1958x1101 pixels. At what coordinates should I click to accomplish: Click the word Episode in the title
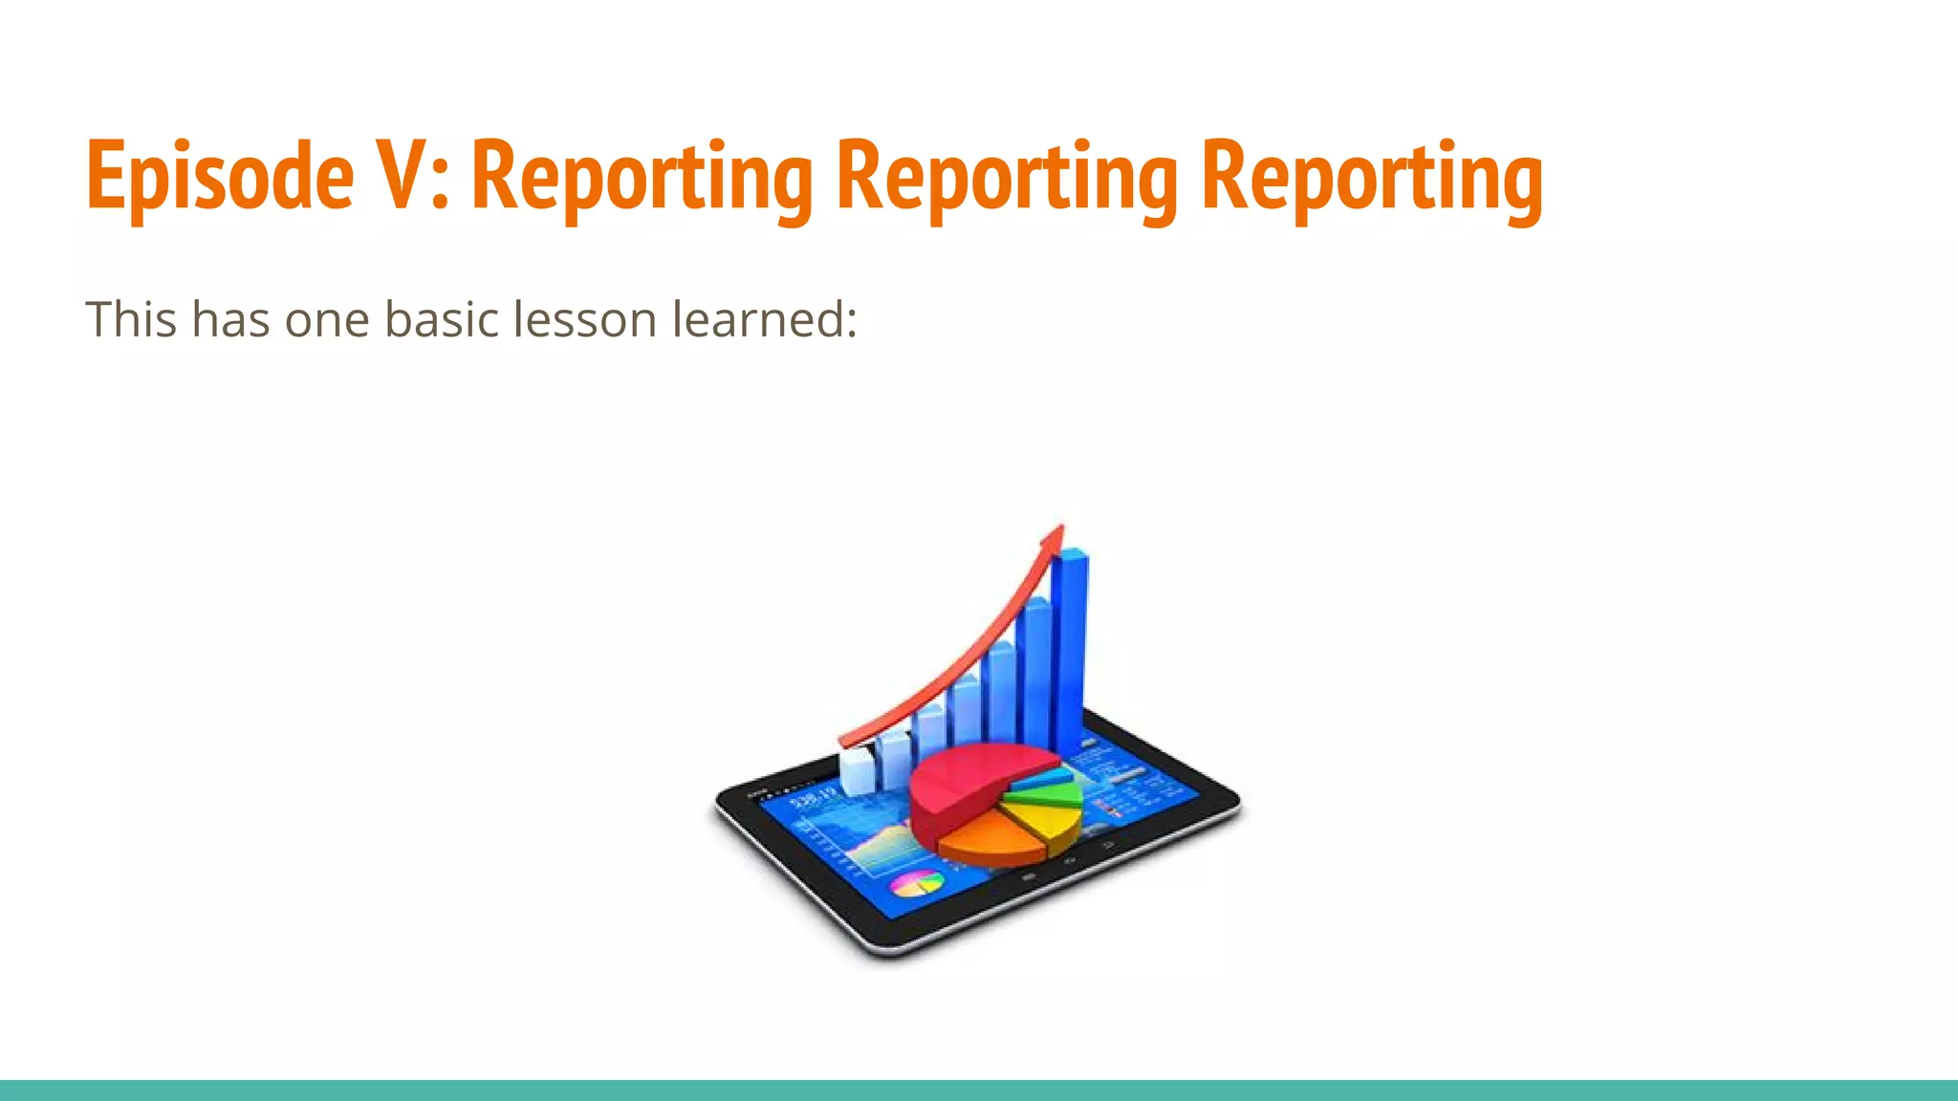coord(220,177)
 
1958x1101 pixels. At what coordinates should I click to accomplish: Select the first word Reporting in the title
coord(642,177)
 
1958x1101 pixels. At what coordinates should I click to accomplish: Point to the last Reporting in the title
coord(1372,177)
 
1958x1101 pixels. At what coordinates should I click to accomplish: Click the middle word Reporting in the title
coord(1007,177)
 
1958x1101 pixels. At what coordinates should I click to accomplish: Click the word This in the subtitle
coord(131,319)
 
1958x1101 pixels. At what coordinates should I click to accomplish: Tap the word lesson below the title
coord(584,319)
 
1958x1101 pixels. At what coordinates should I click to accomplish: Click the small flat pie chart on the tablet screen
coord(917,884)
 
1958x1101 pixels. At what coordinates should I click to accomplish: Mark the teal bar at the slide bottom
coord(979,1090)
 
